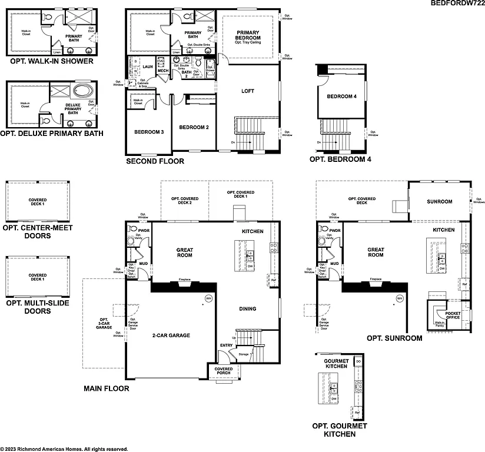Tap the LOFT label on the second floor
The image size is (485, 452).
coord(248,91)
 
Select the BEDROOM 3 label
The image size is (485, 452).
coord(149,132)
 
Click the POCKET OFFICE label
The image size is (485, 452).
coord(453,315)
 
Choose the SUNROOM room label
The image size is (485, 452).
coord(439,202)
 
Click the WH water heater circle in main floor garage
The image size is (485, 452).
coord(208,298)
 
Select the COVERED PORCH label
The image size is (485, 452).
coord(224,371)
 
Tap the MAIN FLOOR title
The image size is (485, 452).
coord(106,388)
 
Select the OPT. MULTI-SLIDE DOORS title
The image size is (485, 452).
coord(36,307)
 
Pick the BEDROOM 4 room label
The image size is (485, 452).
coord(342,97)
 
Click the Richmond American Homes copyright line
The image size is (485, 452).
coord(64,448)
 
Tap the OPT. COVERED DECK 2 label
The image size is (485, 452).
coord(185,201)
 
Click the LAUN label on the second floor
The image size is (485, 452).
coord(147,67)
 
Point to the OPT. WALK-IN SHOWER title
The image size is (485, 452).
coord(52,61)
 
